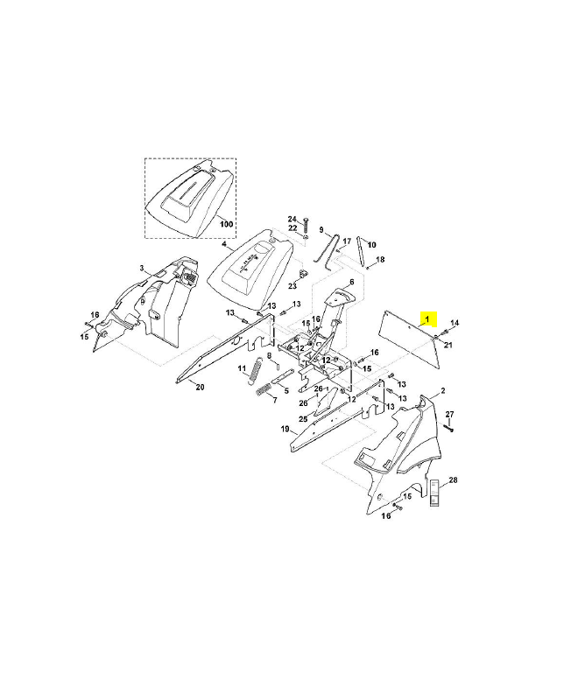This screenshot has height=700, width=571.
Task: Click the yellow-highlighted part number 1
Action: pos(427,319)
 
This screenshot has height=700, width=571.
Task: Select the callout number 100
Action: pos(227,224)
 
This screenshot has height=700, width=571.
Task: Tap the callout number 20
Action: pos(200,387)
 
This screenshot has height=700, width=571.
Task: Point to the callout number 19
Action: pos(285,430)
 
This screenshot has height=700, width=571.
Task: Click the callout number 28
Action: pos(453,480)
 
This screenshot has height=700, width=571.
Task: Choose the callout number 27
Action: pos(449,414)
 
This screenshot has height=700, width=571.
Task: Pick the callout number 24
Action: pos(292,219)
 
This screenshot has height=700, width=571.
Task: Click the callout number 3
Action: pos(142,268)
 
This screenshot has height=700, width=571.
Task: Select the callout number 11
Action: pos(242,368)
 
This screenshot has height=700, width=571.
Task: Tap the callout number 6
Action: pos(352,282)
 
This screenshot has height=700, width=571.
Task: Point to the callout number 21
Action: pos(448,345)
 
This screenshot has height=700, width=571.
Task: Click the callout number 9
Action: pos(321,229)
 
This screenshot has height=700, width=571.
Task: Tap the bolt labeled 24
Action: pos(306,226)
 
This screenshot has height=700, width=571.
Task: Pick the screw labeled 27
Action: pos(448,427)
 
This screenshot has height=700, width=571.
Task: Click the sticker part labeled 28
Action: pos(434,493)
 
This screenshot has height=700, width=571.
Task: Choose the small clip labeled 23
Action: pos(303,273)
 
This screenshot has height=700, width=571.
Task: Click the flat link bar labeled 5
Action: pos(282,376)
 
